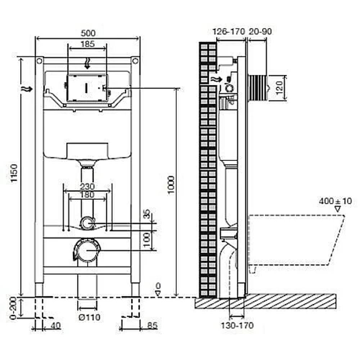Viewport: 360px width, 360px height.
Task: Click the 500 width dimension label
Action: (x=88, y=33)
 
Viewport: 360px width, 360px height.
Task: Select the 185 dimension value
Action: (x=88, y=44)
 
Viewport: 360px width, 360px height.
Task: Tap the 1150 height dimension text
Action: (x=14, y=173)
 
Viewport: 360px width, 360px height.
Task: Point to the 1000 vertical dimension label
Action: (x=171, y=185)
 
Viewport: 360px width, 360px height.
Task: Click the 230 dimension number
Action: (x=87, y=186)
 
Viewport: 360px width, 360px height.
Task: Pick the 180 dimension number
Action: (x=87, y=195)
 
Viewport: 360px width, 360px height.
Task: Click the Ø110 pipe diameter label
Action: (x=89, y=317)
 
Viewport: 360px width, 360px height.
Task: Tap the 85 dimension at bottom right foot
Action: (x=152, y=325)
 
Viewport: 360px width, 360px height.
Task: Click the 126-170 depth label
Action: (x=229, y=31)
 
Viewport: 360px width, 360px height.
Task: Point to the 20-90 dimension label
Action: (x=260, y=31)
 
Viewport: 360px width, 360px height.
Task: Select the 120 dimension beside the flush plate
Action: (x=279, y=88)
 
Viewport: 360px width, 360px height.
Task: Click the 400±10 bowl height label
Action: (x=335, y=201)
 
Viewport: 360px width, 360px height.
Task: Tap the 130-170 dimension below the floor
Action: (x=237, y=325)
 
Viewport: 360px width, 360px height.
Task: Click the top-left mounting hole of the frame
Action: (x=40, y=61)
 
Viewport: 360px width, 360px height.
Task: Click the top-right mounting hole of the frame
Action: (x=135, y=61)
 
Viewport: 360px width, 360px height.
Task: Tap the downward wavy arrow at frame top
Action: (x=87, y=64)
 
